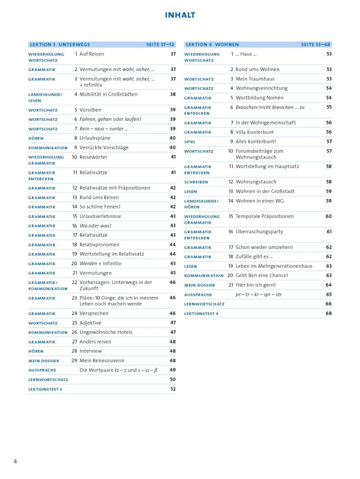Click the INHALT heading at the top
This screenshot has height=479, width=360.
[180, 15]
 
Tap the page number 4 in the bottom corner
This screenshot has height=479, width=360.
[15, 461]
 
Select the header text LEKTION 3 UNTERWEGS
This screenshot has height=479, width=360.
[60, 44]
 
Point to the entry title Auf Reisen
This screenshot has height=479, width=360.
[92, 54]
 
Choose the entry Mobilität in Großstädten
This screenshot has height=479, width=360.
[108, 94]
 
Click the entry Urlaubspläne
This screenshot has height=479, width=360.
[95, 138]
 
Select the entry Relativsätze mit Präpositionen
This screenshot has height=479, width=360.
[115, 188]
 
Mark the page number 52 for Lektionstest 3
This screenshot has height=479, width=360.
[173, 389]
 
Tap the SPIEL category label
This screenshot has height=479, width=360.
[190, 142]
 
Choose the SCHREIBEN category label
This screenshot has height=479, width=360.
[196, 182]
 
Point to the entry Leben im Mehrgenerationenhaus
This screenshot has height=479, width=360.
[274, 266]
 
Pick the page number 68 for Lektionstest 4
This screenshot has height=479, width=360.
[328, 313]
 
